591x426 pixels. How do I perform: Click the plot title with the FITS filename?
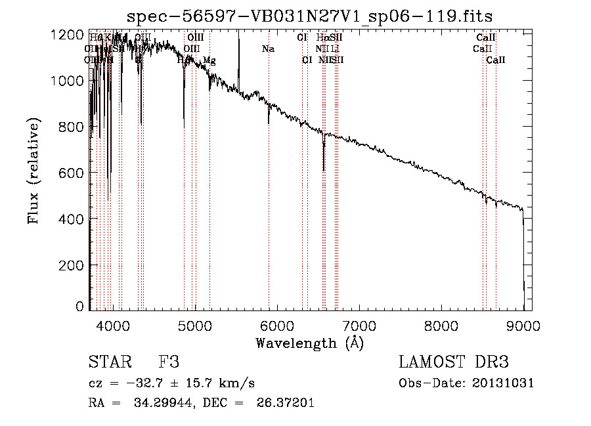(x=309, y=16)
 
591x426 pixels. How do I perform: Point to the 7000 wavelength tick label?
(x=359, y=325)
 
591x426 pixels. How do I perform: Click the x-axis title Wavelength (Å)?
(x=309, y=343)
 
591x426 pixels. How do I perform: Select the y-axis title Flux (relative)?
(x=33, y=171)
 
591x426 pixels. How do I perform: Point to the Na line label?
(x=268, y=49)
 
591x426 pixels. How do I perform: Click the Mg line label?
(x=209, y=60)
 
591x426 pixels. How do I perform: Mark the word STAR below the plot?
(x=110, y=362)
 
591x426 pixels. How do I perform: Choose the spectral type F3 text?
(x=169, y=362)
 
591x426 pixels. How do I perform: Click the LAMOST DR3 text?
(x=454, y=362)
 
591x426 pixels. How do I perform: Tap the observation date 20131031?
(x=506, y=383)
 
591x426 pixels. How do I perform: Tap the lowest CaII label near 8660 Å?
(x=496, y=60)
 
